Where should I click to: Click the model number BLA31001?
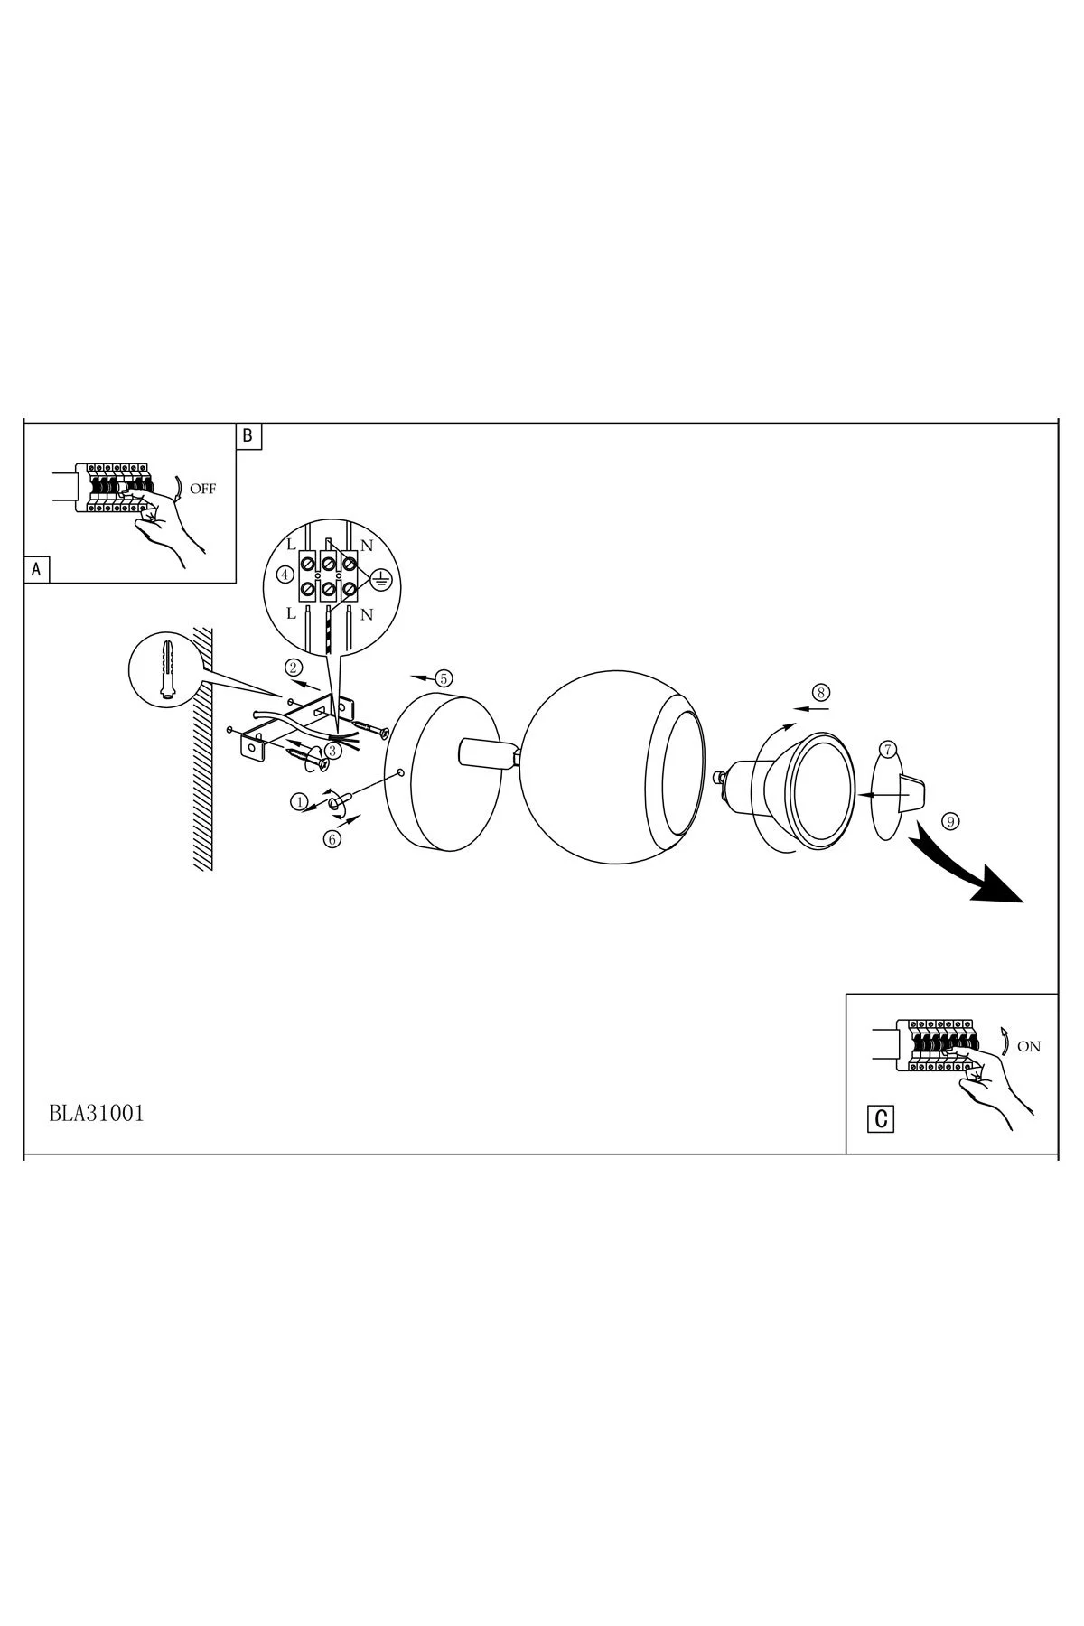click(97, 1113)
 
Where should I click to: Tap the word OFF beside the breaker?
click(203, 490)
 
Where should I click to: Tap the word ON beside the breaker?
click(1029, 1046)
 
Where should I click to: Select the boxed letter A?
click(36, 569)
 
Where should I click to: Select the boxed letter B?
click(248, 436)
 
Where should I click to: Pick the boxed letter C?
click(882, 1119)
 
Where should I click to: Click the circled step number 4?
click(285, 575)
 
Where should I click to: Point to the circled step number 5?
click(443, 677)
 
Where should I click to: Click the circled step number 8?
click(820, 693)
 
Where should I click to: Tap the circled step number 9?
click(948, 821)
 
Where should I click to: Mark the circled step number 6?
click(332, 839)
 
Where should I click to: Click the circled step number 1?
click(298, 801)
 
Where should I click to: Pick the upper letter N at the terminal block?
click(367, 547)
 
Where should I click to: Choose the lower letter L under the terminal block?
click(292, 613)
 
